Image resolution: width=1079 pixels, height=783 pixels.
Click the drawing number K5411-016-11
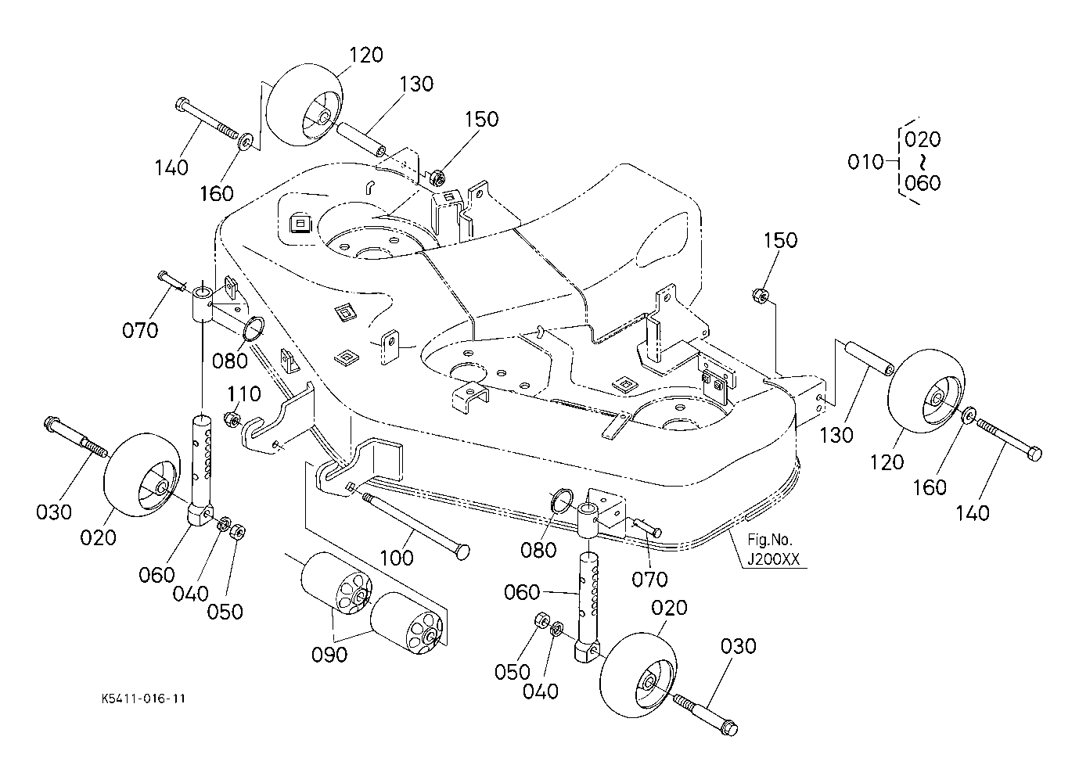(x=143, y=699)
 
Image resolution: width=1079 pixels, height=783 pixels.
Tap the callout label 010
(x=865, y=162)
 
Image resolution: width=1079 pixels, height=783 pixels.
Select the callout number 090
(x=329, y=655)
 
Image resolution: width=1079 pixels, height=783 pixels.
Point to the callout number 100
(x=397, y=559)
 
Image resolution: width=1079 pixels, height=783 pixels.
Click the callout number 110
(x=244, y=394)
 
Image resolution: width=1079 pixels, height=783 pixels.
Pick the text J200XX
(x=773, y=559)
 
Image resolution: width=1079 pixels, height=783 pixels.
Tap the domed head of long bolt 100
(x=462, y=551)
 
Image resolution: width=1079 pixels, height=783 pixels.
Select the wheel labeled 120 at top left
(x=304, y=104)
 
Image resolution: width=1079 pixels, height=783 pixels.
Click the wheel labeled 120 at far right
(x=926, y=388)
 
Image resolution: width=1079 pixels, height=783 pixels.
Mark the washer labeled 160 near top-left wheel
(x=246, y=141)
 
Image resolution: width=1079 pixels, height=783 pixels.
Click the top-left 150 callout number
(x=481, y=119)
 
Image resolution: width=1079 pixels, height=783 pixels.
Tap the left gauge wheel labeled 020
(x=142, y=476)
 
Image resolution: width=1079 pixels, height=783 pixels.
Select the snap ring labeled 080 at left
(x=254, y=329)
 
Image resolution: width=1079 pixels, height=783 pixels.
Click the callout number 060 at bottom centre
(x=522, y=592)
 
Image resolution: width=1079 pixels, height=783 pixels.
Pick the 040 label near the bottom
(x=540, y=692)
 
